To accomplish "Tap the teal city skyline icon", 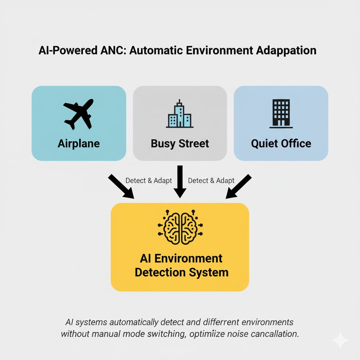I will pyautogui.click(x=180, y=114).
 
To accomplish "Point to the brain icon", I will pyautogui.click(x=180, y=227).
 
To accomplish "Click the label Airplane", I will pyautogui.click(x=79, y=143).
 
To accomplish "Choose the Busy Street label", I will pyautogui.click(x=180, y=143).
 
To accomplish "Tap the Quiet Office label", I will pyautogui.click(x=281, y=143).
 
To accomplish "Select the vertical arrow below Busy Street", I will pyautogui.click(x=180, y=181).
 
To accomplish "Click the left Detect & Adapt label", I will pyautogui.click(x=149, y=181).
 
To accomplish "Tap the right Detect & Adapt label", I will pyautogui.click(x=211, y=181).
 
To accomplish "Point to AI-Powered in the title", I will pyautogui.click(x=67, y=50).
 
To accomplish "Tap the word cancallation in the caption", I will pyautogui.click(x=275, y=333).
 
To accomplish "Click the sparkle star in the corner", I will pyautogui.click(x=340, y=340).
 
